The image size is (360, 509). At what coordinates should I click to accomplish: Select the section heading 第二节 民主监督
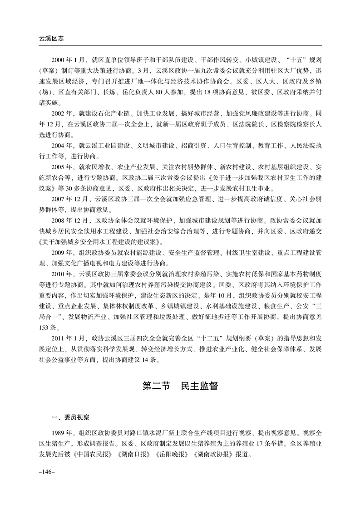(x=180, y=386)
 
